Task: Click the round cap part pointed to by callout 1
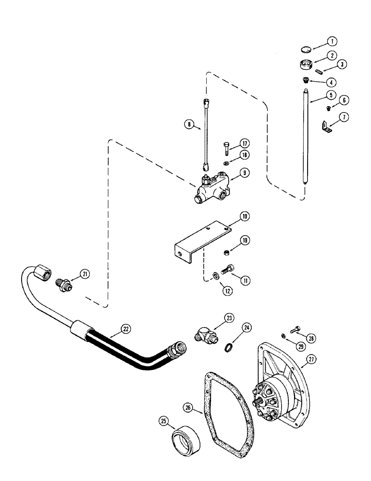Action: pos(304,48)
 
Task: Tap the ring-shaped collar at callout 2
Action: pos(305,63)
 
